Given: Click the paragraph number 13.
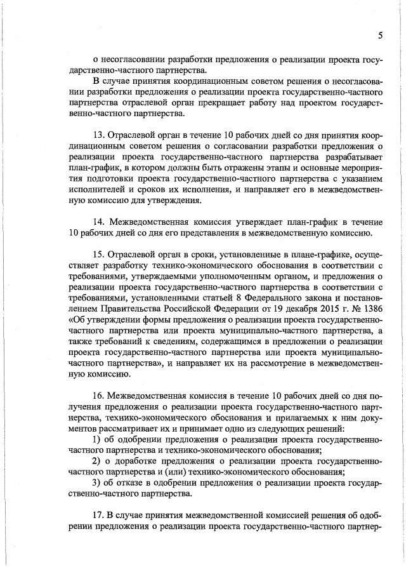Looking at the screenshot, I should (99, 135).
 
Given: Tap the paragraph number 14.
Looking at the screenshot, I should (99, 222).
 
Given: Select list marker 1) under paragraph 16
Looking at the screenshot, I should (97, 439).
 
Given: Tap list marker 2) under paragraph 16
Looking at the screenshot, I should (97, 460).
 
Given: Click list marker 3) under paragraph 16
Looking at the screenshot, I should (97, 482).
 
